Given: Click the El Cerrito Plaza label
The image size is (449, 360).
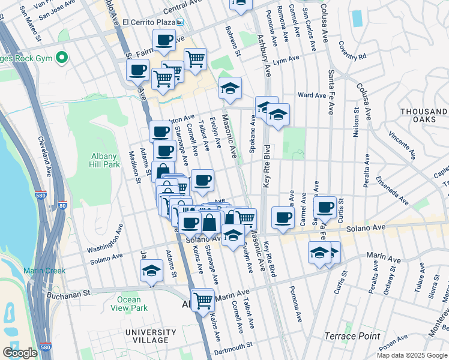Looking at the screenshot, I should click(148, 22).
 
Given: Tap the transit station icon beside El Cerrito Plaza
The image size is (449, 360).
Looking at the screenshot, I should click(179, 23).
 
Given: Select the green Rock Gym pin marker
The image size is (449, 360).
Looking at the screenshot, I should click(61, 58).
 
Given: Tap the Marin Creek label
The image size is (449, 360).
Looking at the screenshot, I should click(44, 271).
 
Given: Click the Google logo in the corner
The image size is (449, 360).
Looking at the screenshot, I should click(20, 353).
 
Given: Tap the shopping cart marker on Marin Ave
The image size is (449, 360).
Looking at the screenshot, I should click(203, 299).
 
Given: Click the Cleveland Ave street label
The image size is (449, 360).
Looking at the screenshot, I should click(46, 157).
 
